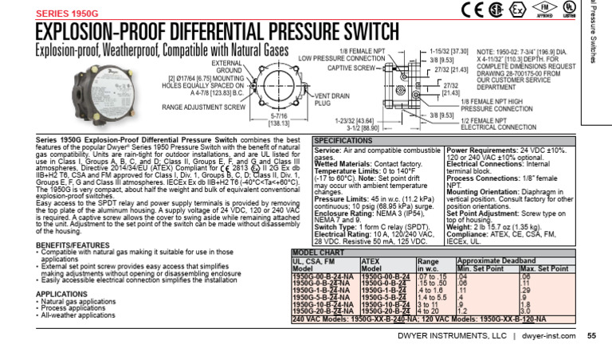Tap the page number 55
[x=591, y=335]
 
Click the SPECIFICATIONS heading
[x=343, y=140]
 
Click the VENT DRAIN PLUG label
[x=303, y=100]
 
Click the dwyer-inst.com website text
[x=548, y=336]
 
